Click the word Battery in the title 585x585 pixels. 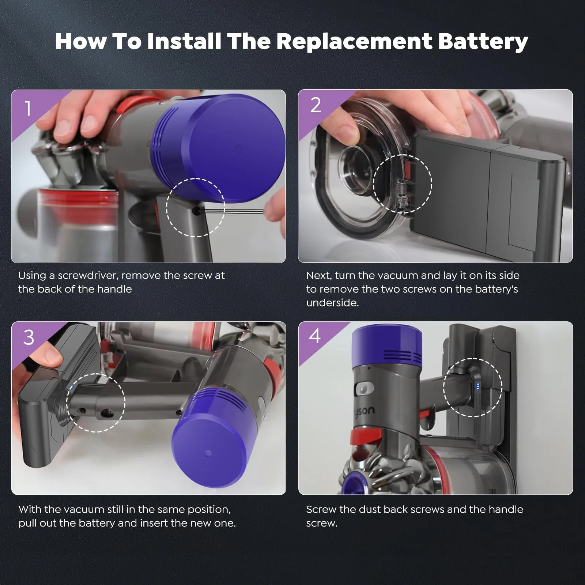click(483, 41)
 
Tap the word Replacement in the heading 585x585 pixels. click(354, 41)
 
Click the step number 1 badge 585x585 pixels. click(28, 109)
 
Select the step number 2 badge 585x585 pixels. click(316, 105)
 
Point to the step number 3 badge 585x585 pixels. click(29, 337)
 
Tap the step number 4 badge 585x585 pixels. click(315, 335)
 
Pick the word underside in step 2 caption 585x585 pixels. click(332, 303)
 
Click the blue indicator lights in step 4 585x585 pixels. click(478, 386)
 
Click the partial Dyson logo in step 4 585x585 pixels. click(364, 411)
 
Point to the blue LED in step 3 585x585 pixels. click(71, 388)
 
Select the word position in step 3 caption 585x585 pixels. click(209, 510)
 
